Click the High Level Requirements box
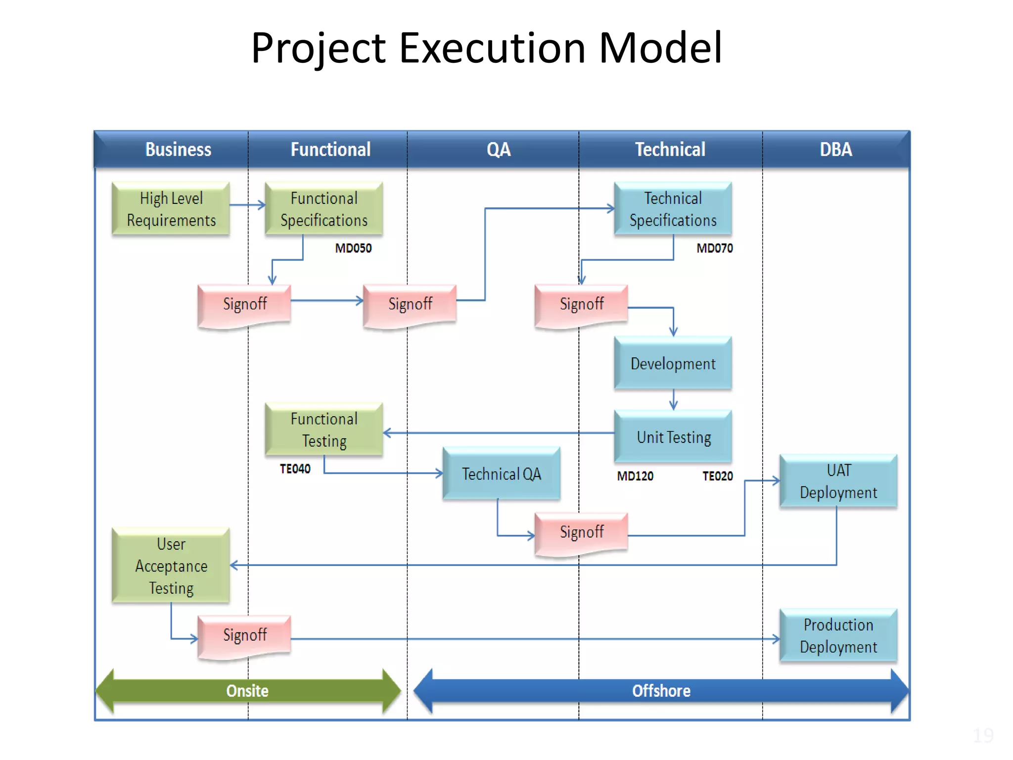pyautogui.click(x=171, y=209)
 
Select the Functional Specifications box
pyautogui.click(x=323, y=209)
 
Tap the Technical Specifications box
pyautogui.click(x=673, y=209)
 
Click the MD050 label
pyautogui.click(x=353, y=248)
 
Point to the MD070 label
pyautogui.click(x=714, y=248)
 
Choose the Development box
pyautogui.click(x=673, y=364)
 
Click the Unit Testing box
pyautogui.click(x=673, y=437)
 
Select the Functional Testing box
pyautogui.click(x=323, y=429)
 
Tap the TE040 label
pyautogui.click(x=295, y=469)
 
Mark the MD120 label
pyautogui.click(x=635, y=476)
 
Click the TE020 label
pyautogui.click(x=717, y=476)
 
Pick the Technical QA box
pyautogui.click(x=501, y=474)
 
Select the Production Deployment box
pyautogui.click(x=838, y=636)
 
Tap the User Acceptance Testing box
pyautogui.click(x=171, y=566)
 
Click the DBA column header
pyautogui.click(x=835, y=149)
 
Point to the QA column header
pyautogui.click(x=498, y=149)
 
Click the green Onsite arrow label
pyautogui.click(x=247, y=691)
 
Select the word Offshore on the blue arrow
pyautogui.click(x=661, y=691)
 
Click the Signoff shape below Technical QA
pyautogui.click(x=581, y=533)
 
